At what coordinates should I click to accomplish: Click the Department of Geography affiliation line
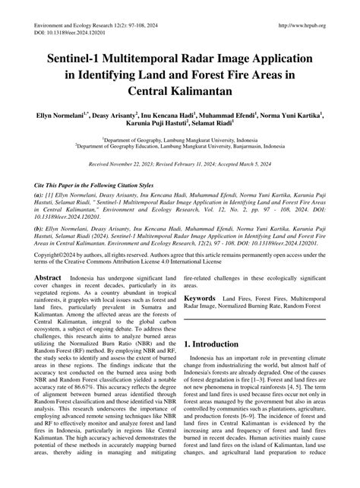click(x=180, y=141)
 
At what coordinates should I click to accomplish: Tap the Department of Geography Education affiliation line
click(x=180, y=147)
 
